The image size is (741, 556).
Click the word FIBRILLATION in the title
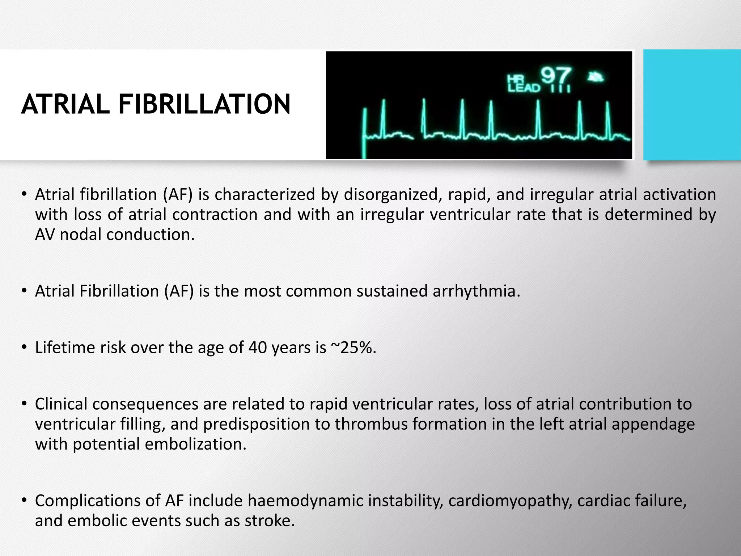pos(204,104)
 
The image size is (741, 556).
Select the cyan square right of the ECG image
pos(692,105)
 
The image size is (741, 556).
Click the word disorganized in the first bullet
pos(393,195)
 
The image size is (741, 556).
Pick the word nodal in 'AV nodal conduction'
pos(80,235)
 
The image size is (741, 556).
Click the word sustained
pos(392,291)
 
